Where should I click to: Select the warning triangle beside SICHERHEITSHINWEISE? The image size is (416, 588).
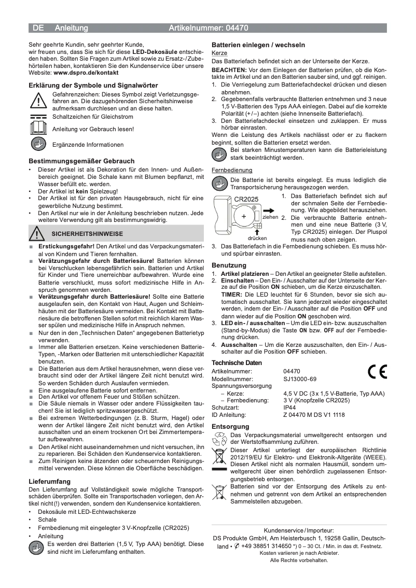click(36, 233)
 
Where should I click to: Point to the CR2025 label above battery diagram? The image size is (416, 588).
click(246, 199)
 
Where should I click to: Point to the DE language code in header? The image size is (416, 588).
click(38, 28)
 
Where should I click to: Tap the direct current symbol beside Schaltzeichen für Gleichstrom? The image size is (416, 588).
click(38, 117)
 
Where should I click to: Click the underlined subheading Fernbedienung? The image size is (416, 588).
click(232, 170)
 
